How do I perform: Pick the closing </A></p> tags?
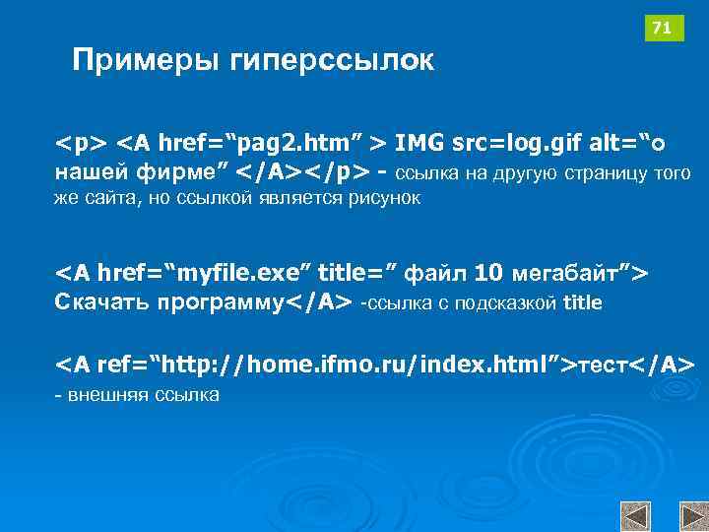tap(305, 173)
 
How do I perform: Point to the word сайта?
tap(108, 198)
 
